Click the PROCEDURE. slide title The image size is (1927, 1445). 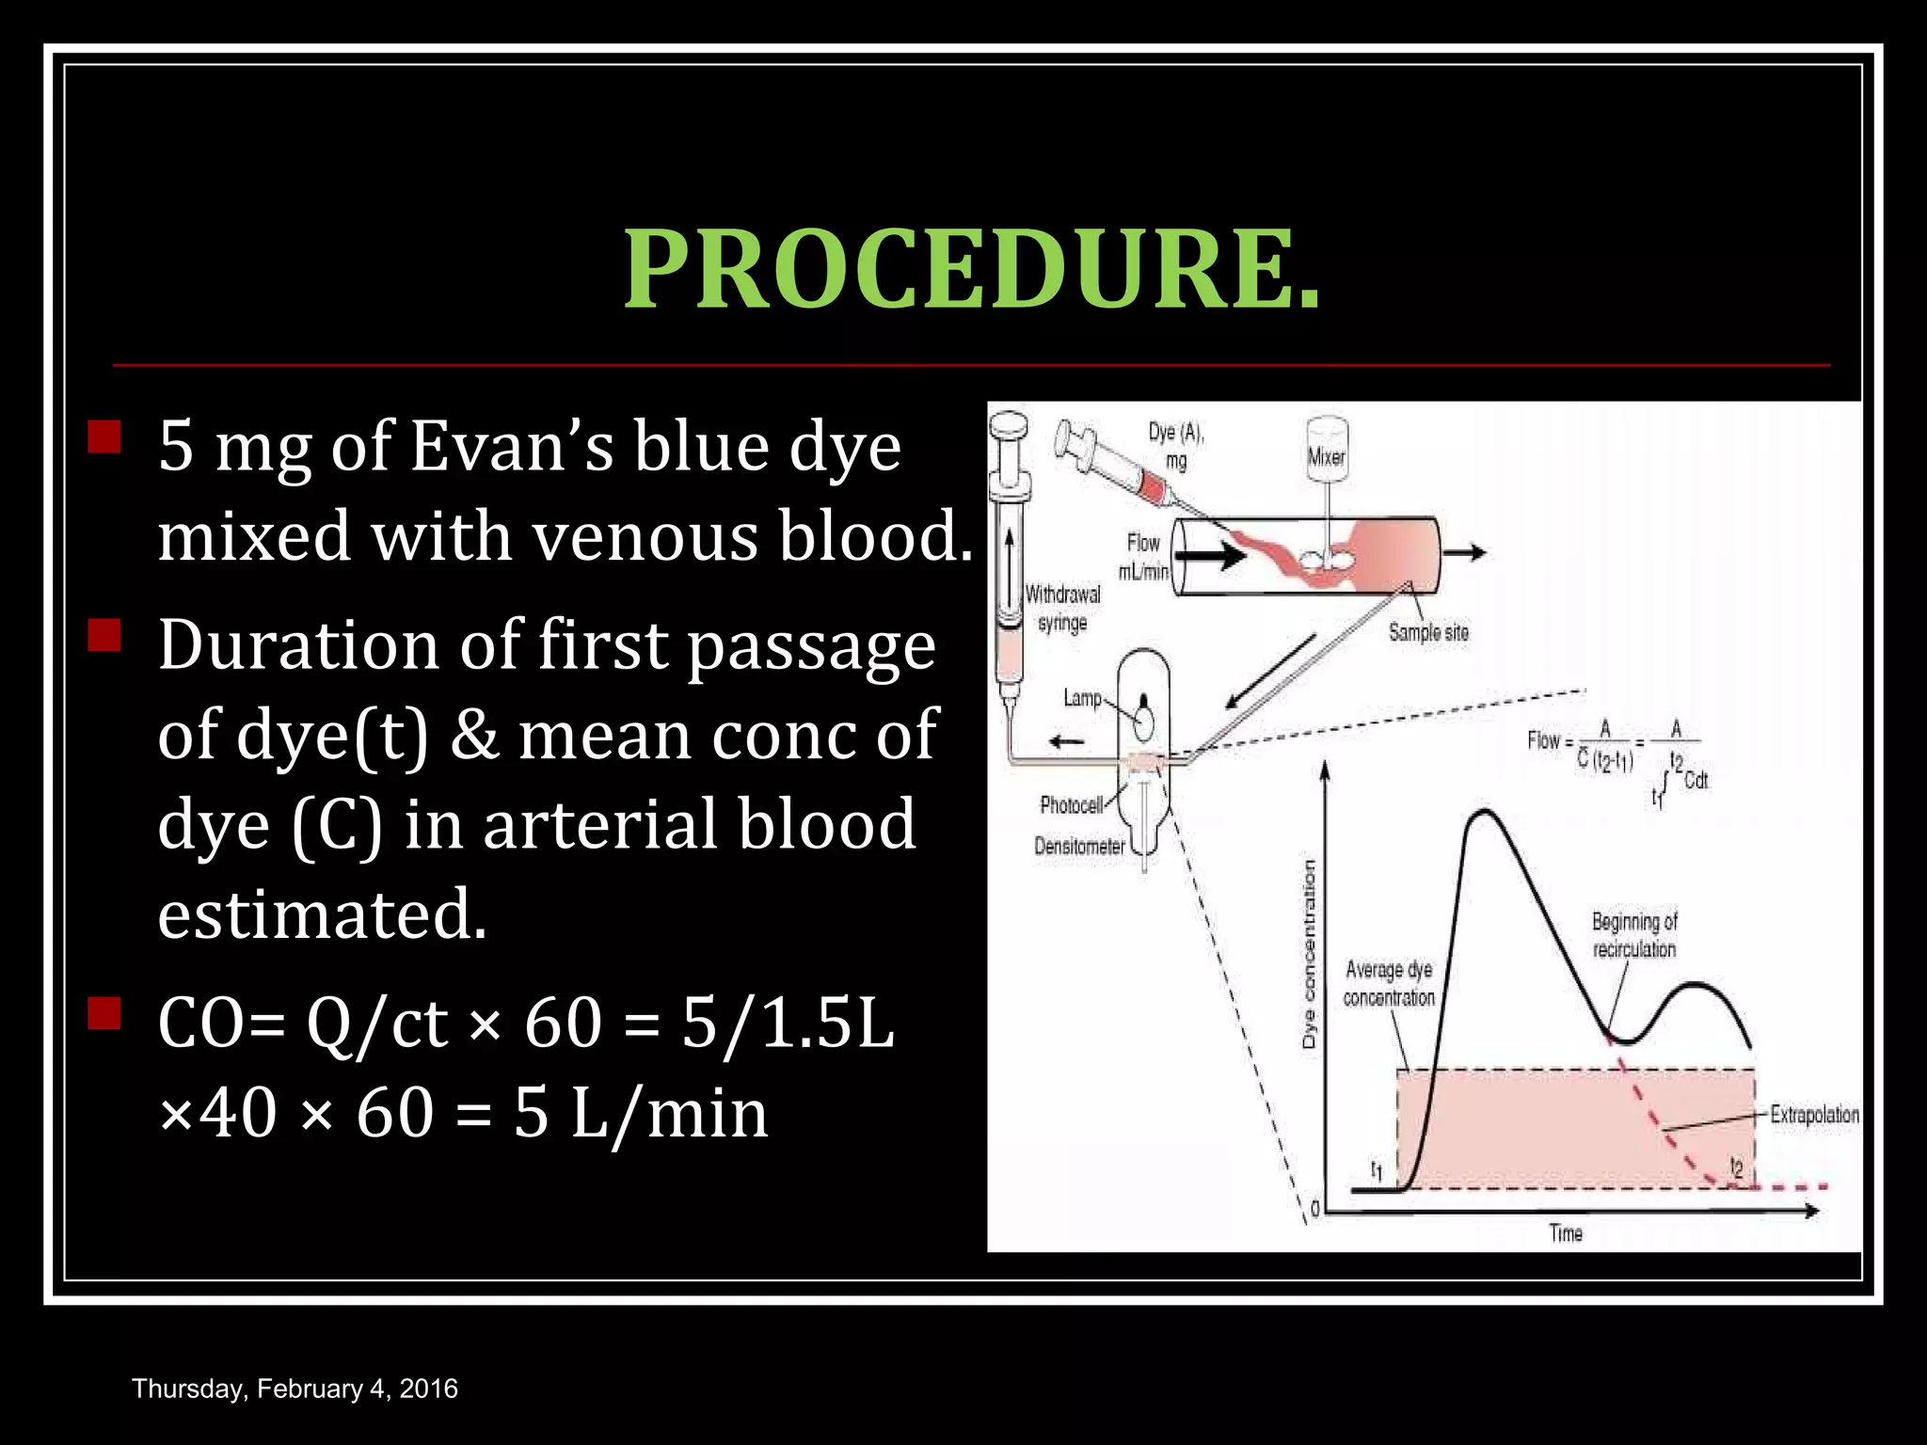(x=972, y=271)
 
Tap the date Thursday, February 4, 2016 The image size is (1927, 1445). (x=295, y=1389)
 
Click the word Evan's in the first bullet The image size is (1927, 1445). (x=511, y=445)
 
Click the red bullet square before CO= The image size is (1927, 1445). (x=104, y=1014)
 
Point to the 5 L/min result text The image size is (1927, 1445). (x=640, y=1112)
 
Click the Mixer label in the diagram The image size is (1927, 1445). (x=1327, y=457)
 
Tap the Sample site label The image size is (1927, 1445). (x=1427, y=632)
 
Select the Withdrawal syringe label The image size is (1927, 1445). (x=1062, y=608)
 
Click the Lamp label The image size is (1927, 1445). (x=1081, y=697)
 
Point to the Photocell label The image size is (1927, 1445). (x=1071, y=804)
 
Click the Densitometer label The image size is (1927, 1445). (x=1079, y=846)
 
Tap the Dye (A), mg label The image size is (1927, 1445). (x=1176, y=445)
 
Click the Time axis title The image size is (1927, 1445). (x=1566, y=1232)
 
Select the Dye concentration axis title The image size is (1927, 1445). (x=1309, y=955)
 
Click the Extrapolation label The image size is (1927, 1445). (x=1814, y=1114)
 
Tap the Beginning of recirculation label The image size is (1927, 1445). (x=1634, y=934)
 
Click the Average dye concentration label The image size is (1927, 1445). (x=1389, y=982)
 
